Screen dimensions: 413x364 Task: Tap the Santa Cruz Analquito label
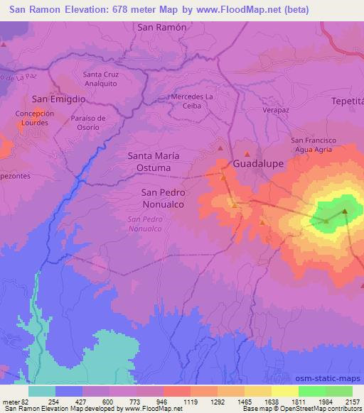pos(101,79)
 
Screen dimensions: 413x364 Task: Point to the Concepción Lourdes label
pos(34,117)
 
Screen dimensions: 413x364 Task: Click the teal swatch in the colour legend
pos(43,392)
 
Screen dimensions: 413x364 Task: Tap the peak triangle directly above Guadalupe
pos(247,153)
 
